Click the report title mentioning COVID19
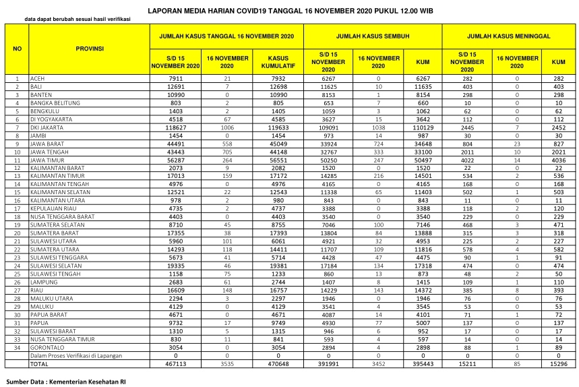[x=291, y=10]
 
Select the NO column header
[x=18, y=49]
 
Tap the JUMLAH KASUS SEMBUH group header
[x=373, y=36]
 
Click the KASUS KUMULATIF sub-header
[x=278, y=63]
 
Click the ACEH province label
[x=37, y=79]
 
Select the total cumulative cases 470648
[x=278, y=363]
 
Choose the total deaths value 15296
[x=558, y=363]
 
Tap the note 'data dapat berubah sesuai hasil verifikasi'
[x=77, y=19]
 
